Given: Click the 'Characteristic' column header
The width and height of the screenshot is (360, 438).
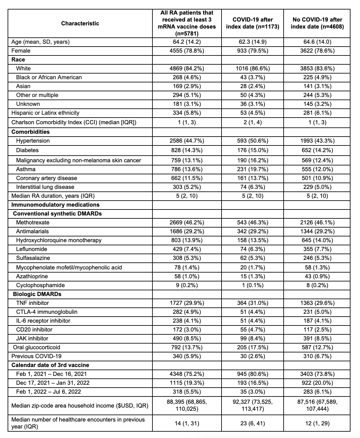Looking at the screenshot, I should (x=80, y=23).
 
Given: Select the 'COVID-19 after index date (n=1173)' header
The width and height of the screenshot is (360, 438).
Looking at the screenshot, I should (x=253, y=23).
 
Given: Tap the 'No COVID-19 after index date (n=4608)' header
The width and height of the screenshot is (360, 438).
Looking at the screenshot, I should (x=317, y=23).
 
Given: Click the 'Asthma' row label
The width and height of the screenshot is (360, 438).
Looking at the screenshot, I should (x=26, y=169).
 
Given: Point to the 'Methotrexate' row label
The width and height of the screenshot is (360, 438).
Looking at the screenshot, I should (x=33, y=222).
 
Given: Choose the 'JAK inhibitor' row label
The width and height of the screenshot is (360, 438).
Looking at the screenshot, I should (x=32, y=338).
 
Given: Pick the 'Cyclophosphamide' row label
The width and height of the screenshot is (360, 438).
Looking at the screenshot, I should (x=40, y=285).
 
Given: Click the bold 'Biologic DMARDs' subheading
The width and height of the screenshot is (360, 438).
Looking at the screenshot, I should (x=37, y=294).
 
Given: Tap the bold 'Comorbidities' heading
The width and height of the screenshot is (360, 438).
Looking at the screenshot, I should (x=30, y=132).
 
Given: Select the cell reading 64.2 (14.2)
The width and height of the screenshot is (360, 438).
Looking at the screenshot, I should (x=187, y=42).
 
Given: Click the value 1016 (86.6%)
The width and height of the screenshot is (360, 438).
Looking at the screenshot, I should (x=253, y=68).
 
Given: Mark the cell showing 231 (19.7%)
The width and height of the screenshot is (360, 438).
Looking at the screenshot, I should (x=253, y=169).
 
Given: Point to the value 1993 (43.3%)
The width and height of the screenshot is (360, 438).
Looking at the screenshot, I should (x=317, y=141).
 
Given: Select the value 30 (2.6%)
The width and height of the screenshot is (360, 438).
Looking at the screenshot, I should (x=253, y=356).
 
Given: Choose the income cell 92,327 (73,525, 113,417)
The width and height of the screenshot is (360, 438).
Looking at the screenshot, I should (x=253, y=405).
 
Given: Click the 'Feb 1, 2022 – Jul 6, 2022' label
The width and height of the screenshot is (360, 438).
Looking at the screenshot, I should (x=48, y=392).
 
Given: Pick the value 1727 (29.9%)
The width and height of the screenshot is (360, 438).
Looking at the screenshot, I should (x=187, y=303).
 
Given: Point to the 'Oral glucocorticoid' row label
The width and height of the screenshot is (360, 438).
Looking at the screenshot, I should (x=36, y=347).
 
